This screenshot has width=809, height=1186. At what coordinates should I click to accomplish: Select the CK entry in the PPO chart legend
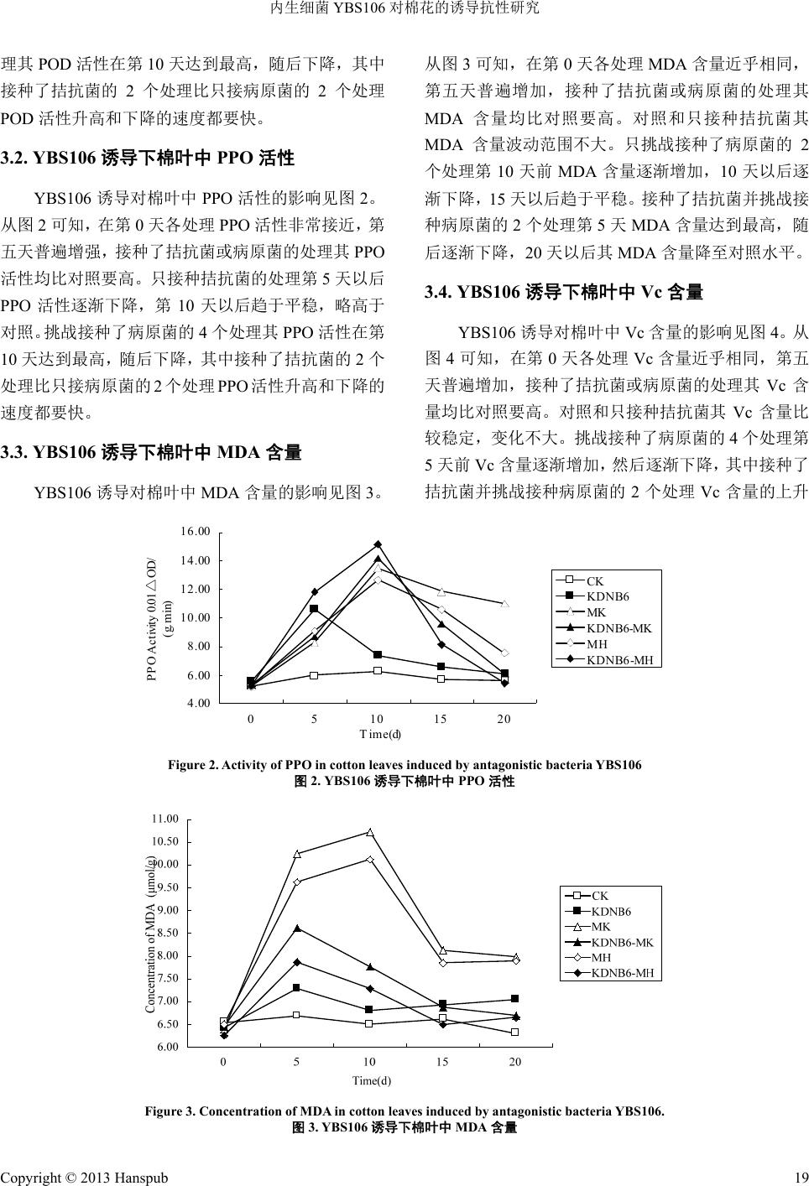594,580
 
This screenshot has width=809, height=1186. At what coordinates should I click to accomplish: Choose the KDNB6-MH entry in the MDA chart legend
622,973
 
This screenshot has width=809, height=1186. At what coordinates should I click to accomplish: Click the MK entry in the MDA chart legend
601,927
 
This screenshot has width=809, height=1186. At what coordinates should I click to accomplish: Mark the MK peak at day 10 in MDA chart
370,832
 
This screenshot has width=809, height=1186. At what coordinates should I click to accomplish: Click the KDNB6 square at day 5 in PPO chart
314,609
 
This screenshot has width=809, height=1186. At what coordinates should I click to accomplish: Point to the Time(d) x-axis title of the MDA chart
372,1080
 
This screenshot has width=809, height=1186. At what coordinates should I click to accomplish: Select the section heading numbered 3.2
147,157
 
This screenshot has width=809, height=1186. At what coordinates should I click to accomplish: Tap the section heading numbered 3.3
151,453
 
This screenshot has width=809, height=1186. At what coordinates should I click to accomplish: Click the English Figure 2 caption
404,765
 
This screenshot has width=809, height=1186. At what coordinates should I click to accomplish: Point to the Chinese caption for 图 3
404,1128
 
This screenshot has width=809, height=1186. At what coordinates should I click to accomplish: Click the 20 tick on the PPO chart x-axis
504,720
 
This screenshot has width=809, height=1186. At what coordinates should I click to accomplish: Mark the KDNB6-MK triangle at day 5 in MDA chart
297,928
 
